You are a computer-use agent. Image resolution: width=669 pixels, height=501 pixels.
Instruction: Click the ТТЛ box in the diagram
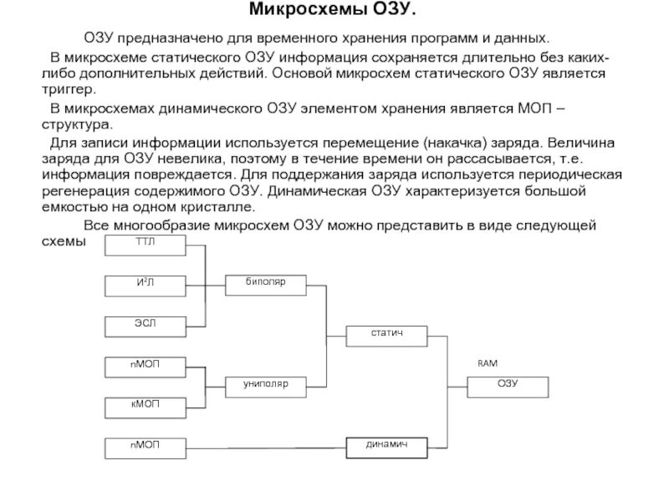146,245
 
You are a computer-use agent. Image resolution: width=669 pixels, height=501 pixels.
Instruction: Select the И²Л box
146,285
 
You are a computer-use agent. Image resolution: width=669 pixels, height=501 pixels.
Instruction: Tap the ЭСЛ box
146,325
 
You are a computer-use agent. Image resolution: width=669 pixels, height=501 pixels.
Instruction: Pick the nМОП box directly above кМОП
146,366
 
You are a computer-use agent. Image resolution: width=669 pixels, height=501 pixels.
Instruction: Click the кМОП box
146,407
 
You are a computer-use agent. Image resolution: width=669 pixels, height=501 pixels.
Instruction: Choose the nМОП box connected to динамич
146,448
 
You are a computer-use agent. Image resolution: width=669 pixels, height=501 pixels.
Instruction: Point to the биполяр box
266,285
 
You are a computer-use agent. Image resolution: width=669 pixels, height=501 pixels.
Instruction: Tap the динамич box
386,448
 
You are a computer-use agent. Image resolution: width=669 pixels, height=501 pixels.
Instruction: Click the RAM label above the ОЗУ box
487,364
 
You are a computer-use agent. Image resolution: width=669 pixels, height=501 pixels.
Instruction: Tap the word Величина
585,141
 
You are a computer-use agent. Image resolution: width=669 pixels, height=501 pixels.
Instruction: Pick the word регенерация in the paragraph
88,190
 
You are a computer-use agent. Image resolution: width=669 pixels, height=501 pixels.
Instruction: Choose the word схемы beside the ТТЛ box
64,240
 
